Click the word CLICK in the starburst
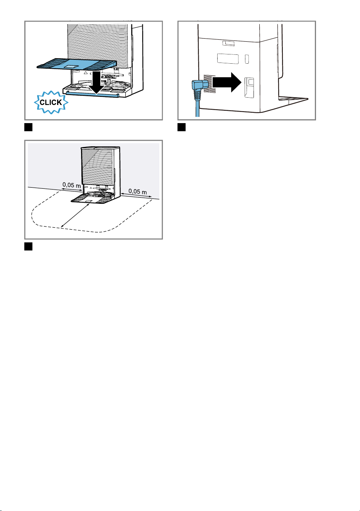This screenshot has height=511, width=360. point(51,102)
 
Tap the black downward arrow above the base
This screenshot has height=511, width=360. point(96,82)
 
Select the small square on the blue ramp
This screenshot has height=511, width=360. point(70,66)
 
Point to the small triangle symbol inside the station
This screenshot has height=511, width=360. point(86,73)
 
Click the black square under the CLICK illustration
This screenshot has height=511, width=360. point(28,127)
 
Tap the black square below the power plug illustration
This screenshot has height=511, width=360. point(182,127)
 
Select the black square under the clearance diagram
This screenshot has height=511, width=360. point(28,246)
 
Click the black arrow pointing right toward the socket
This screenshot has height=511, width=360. point(227,82)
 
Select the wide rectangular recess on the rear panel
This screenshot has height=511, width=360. point(228,59)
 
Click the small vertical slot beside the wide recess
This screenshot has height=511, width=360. point(247,59)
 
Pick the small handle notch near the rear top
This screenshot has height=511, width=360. point(228,43)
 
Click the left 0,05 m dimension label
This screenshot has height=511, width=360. point(72,185)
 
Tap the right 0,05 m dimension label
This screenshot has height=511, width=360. point(138,191)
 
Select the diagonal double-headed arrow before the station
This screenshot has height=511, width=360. point(75,216)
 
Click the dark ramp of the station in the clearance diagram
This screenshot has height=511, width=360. point(92,199)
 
